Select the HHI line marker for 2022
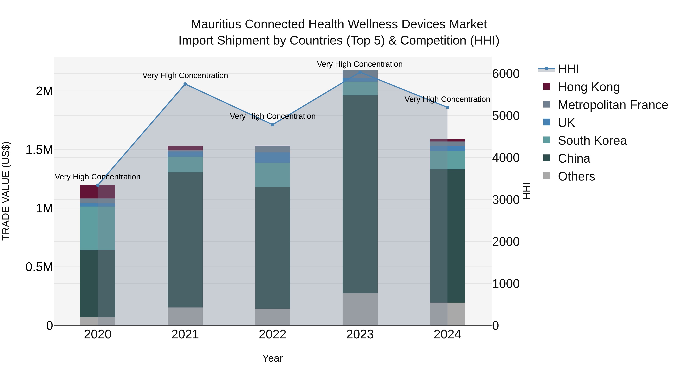click(273, 125)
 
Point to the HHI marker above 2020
click(98, 185)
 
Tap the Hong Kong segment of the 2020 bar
click(98, 192)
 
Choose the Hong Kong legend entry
click(589, 87)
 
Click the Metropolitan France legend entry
click(613, 105)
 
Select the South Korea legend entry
click(592, 141)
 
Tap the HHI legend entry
click(568, 69)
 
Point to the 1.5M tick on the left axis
click(39, 150)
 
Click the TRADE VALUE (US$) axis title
click(6, 191)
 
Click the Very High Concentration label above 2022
click(273, 116)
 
